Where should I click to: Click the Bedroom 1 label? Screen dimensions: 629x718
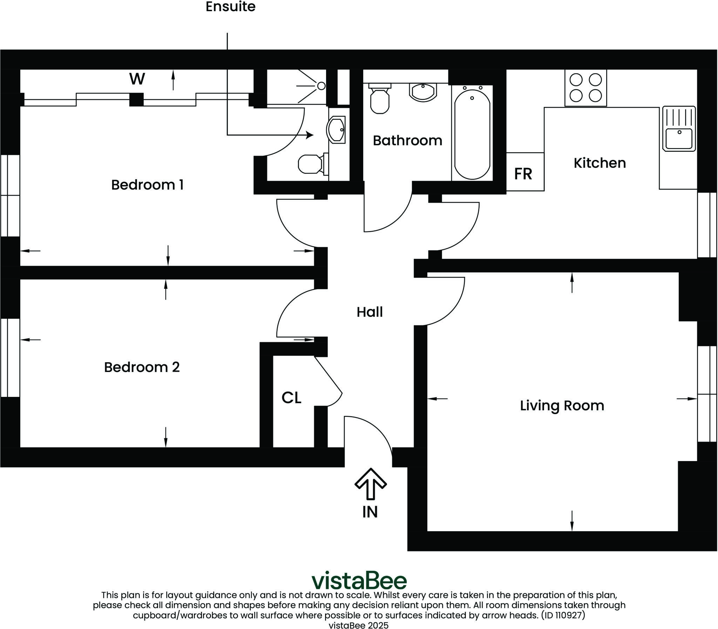tap(147, 185)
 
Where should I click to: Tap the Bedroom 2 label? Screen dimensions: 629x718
tap(142, 367)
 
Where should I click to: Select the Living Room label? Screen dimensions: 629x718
tap(562, 405)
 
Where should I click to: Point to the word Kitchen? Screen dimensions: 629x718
tap(600, 163)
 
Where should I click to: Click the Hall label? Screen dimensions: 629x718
tap(370, 312)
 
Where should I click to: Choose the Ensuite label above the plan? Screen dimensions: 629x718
tap(230, 7)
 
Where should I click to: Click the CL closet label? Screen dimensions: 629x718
tap(291, 398)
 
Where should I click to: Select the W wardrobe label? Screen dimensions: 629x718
tap(137, 79)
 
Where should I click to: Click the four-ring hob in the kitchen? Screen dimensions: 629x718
tap(585, 88)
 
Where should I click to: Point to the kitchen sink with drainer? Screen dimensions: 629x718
tap(679, 129)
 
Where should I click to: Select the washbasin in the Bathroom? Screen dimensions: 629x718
tap(423, 92)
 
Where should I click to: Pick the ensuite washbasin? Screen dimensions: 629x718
tap(336, 130)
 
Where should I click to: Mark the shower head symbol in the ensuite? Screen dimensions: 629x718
tap(321, 86)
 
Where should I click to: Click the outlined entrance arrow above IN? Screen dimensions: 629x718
tap(371, 483)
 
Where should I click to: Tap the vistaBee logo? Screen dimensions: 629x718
tap(359, 581)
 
